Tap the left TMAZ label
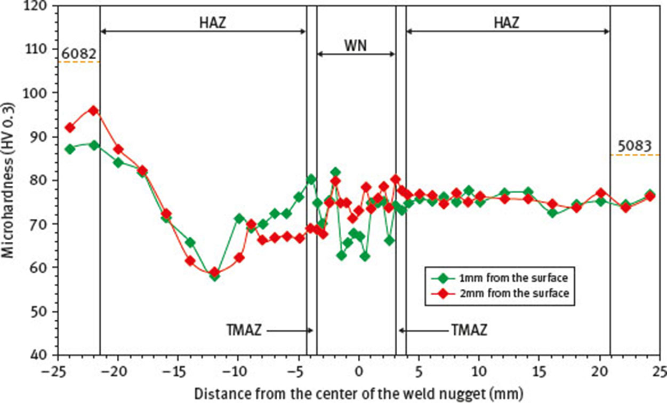point(244,330)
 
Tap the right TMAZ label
point(469,330)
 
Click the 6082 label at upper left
point(78,54)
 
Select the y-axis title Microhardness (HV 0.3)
point(9,180)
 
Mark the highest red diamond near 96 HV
point(93,110)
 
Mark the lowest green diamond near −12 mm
point(214,276)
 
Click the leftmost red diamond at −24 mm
point(69,128)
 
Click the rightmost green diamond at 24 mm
point(649,195)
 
